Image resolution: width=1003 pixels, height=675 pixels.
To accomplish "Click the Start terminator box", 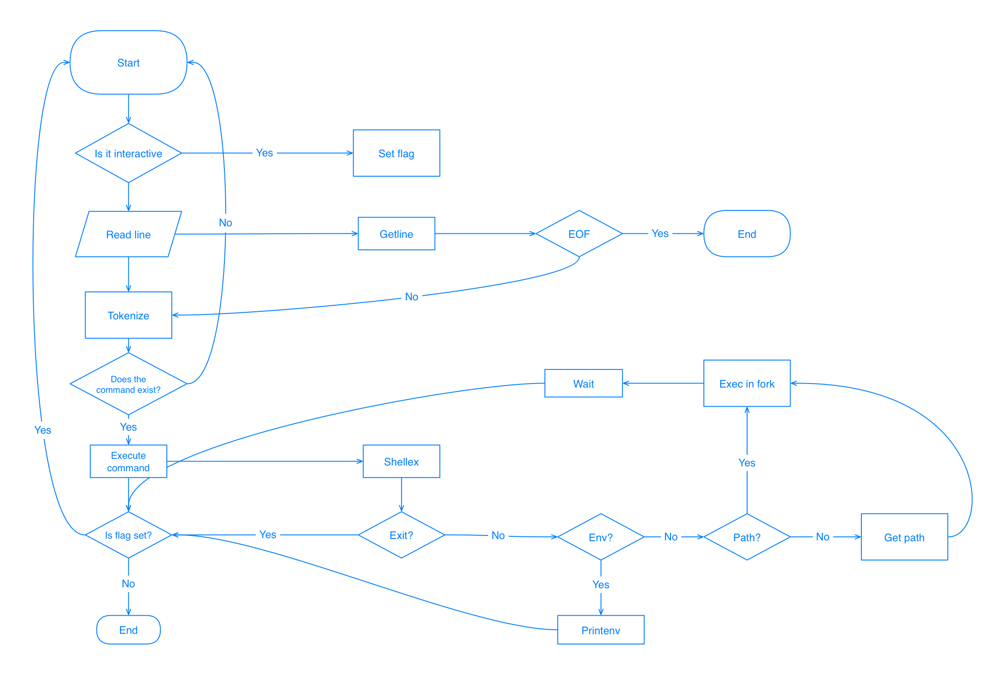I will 128,62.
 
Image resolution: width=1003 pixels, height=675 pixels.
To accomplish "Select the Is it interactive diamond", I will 128,153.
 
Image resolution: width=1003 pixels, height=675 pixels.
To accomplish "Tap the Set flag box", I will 396,153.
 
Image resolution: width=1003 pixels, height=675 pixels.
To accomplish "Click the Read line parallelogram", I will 128,234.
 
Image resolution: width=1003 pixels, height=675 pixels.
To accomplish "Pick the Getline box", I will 396,234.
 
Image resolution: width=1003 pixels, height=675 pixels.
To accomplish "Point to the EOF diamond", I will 579,234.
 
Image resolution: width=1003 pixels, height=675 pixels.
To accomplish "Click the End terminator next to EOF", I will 747,234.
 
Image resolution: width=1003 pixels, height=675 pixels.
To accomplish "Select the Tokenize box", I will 128,315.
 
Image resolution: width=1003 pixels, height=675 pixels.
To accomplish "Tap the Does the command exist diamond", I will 128,384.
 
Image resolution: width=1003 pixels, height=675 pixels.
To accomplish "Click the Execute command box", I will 128,462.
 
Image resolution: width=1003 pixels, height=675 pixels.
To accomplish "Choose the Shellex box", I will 401,462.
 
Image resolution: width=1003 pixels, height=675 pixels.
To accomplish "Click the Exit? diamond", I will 401,535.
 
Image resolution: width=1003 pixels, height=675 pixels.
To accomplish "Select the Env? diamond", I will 601,537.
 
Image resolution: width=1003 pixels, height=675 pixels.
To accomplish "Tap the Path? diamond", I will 747,537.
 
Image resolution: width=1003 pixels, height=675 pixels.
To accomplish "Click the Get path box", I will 904,537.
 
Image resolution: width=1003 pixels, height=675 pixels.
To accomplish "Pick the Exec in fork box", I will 747,384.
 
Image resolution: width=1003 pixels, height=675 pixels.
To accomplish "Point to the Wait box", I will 583,384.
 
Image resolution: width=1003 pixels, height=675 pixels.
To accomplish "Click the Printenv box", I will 601,630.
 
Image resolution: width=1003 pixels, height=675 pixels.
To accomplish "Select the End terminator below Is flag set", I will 128,630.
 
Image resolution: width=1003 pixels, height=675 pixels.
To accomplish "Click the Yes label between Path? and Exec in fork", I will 747,463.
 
